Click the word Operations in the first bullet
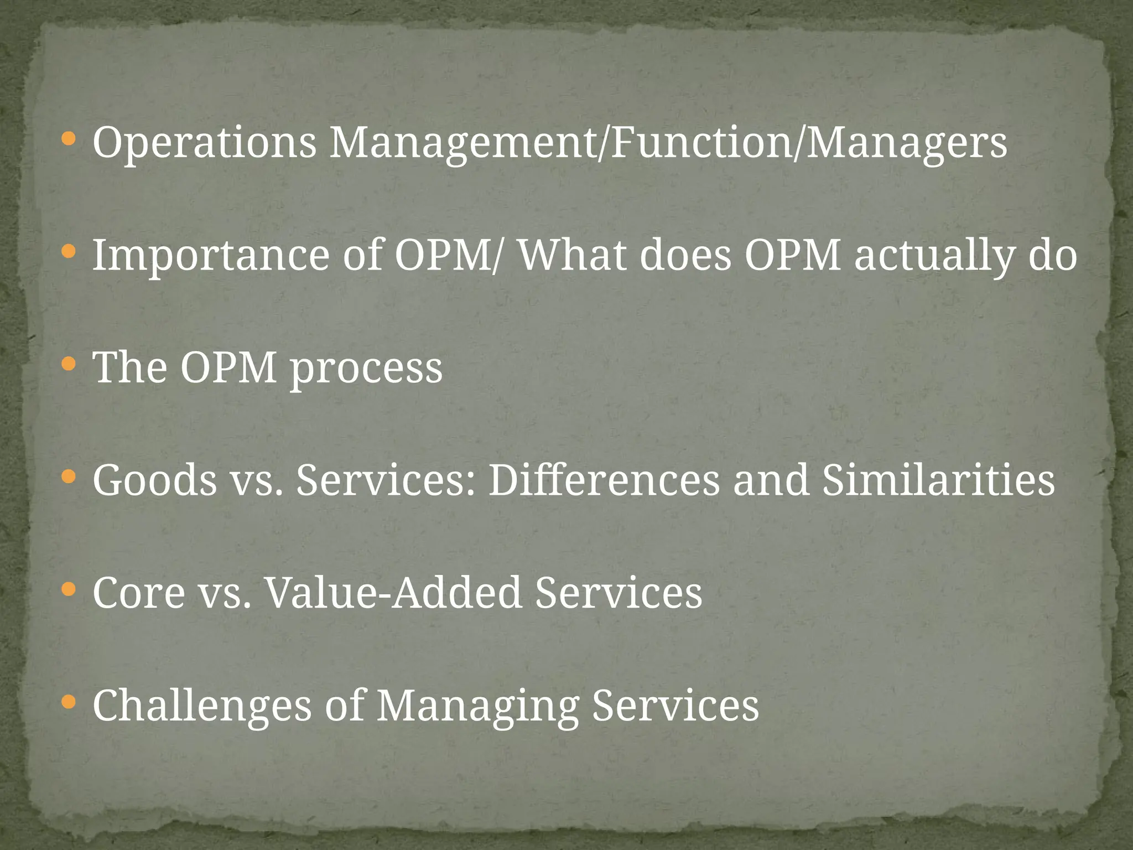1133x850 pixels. click(204, 143)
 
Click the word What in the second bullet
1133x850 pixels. click(571, 255)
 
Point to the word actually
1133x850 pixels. click(934, 256)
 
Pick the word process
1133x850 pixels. click(366, 368)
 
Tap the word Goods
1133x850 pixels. click(155, 480)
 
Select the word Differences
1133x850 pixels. click(604, 480)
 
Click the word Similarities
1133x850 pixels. click(938, 480)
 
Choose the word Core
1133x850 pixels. click(139, 593)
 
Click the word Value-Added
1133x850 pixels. click(393, 593)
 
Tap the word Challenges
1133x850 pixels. click(202, 706)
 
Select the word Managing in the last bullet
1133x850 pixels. click(477, 706)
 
